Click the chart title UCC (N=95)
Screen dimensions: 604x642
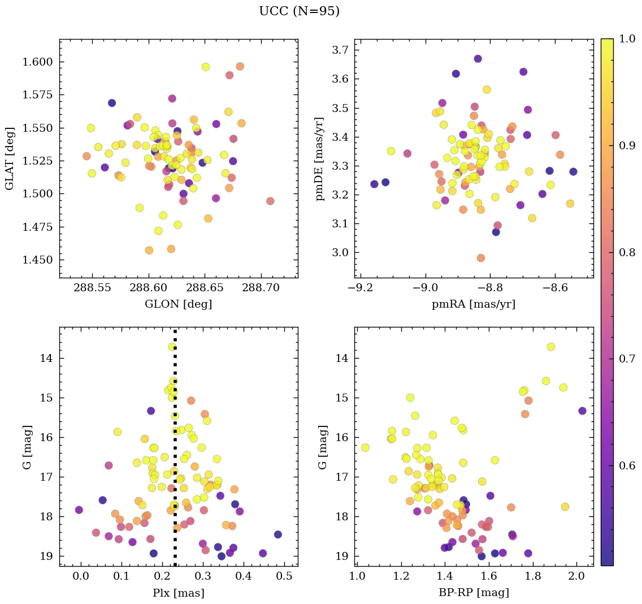coord(299,11)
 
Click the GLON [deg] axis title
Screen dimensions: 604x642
coord(179,304)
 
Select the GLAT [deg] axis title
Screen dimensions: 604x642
coord(10,158)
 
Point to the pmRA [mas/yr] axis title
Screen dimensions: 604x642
coord(474,304)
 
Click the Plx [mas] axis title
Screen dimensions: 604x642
coord(179,593)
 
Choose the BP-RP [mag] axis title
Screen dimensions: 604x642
coord(474,593)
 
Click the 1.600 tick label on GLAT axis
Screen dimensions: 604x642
coord(38,62)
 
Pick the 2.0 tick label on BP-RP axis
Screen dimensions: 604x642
coord(576,577)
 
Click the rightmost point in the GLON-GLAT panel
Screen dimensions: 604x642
coord(270,201)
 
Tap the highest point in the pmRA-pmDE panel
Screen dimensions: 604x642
coord(478,59)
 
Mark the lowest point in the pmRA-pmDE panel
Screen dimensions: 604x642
coord(480,258)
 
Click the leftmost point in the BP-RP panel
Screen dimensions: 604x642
coord(365,447)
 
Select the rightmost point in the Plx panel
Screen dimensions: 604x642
coord(277,534)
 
